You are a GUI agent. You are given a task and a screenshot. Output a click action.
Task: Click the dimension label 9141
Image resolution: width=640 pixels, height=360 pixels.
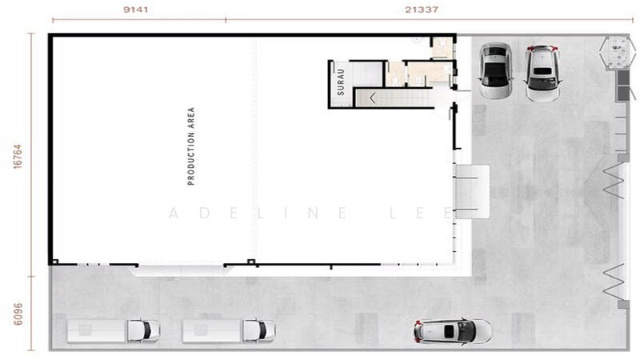(x=135, y=10)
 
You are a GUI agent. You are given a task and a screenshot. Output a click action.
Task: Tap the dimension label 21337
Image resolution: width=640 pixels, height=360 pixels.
(x=422, y=10)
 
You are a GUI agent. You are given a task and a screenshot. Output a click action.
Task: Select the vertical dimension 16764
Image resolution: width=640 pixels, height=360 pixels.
(x=18, y=156)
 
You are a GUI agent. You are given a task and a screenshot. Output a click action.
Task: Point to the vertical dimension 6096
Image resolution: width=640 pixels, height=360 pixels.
(x=18, y=314)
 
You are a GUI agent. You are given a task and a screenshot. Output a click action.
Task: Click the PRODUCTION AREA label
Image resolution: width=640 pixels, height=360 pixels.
(x=191, y=146)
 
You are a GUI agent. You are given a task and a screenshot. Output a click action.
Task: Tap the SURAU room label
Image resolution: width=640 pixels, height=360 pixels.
(x=341, y=82)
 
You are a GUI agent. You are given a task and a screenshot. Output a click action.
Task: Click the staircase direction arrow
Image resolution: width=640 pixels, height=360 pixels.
(x=373, y=98)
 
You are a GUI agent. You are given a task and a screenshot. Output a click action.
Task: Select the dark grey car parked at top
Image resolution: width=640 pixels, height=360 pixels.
(x=495, y=70)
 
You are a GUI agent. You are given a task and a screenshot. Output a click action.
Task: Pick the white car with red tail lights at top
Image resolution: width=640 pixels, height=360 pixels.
(x=542, y=74)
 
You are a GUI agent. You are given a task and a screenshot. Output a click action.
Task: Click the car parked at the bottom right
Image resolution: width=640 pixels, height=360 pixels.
(x=453, y=330)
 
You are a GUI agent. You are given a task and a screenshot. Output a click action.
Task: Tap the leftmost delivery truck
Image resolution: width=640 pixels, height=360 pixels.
(x=114, y=330)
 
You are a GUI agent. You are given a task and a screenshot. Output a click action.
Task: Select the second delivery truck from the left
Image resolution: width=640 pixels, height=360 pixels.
(x=229, y=330)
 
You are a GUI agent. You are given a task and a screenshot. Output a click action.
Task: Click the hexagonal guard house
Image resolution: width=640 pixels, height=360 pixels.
(x=618, y=53)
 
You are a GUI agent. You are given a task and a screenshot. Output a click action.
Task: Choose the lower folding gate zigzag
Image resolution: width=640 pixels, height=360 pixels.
(x=614, y=281)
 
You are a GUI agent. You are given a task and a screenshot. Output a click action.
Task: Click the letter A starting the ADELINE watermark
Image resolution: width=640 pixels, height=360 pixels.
(x=174, y=213)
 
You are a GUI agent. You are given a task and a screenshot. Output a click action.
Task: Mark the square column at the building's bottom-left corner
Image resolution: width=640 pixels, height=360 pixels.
(x=55, y=262)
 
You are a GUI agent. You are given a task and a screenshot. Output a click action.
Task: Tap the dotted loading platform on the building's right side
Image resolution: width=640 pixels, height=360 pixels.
(x=472, y=191)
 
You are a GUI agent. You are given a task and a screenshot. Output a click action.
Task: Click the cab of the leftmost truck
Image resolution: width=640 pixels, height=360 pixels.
(x=143, y=330)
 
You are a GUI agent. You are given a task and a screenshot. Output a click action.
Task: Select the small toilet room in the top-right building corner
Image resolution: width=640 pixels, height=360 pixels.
(x=442, y=48)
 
